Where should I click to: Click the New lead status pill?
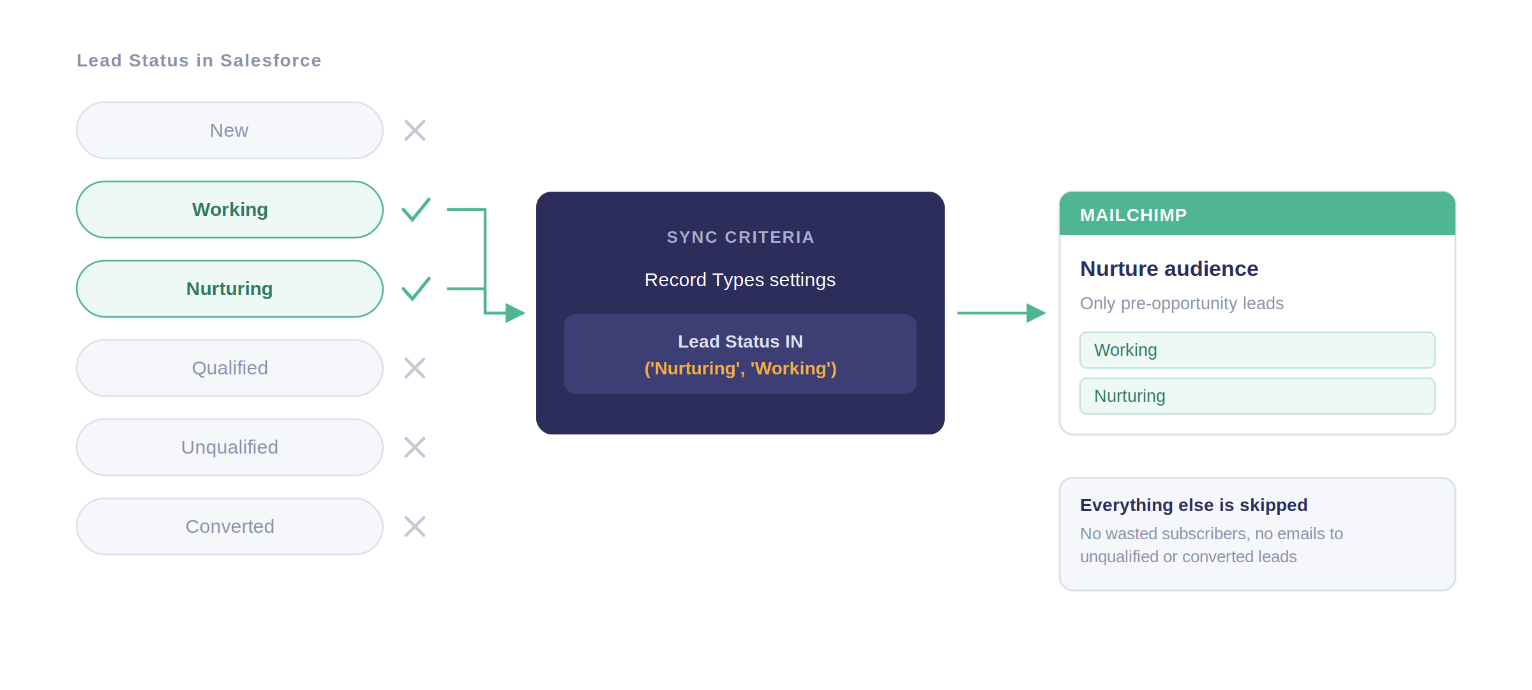pos(230,130)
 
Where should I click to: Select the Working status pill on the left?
pos(230,210)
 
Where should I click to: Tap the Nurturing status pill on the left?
pos(230,289)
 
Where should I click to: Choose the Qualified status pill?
pos(230,368)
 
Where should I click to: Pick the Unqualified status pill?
pos(230,447)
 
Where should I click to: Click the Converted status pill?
pos(230,526)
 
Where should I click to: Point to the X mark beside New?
pos(415,130)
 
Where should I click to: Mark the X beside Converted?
pos(415,526)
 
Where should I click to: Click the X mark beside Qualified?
pos(415,368)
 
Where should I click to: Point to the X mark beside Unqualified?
pos(415,447)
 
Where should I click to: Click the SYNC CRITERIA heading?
pos(740,237)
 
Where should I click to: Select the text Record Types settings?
pos(740,280)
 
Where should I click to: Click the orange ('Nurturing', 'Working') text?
pos(740,369)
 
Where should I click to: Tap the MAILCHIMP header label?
pos(1134,215)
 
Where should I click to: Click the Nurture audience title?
pos(1169,269)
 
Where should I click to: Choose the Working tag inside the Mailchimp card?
pos(1258,350)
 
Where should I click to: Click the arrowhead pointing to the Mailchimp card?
pos(1036,313)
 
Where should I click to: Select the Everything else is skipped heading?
pos(1194,505)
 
